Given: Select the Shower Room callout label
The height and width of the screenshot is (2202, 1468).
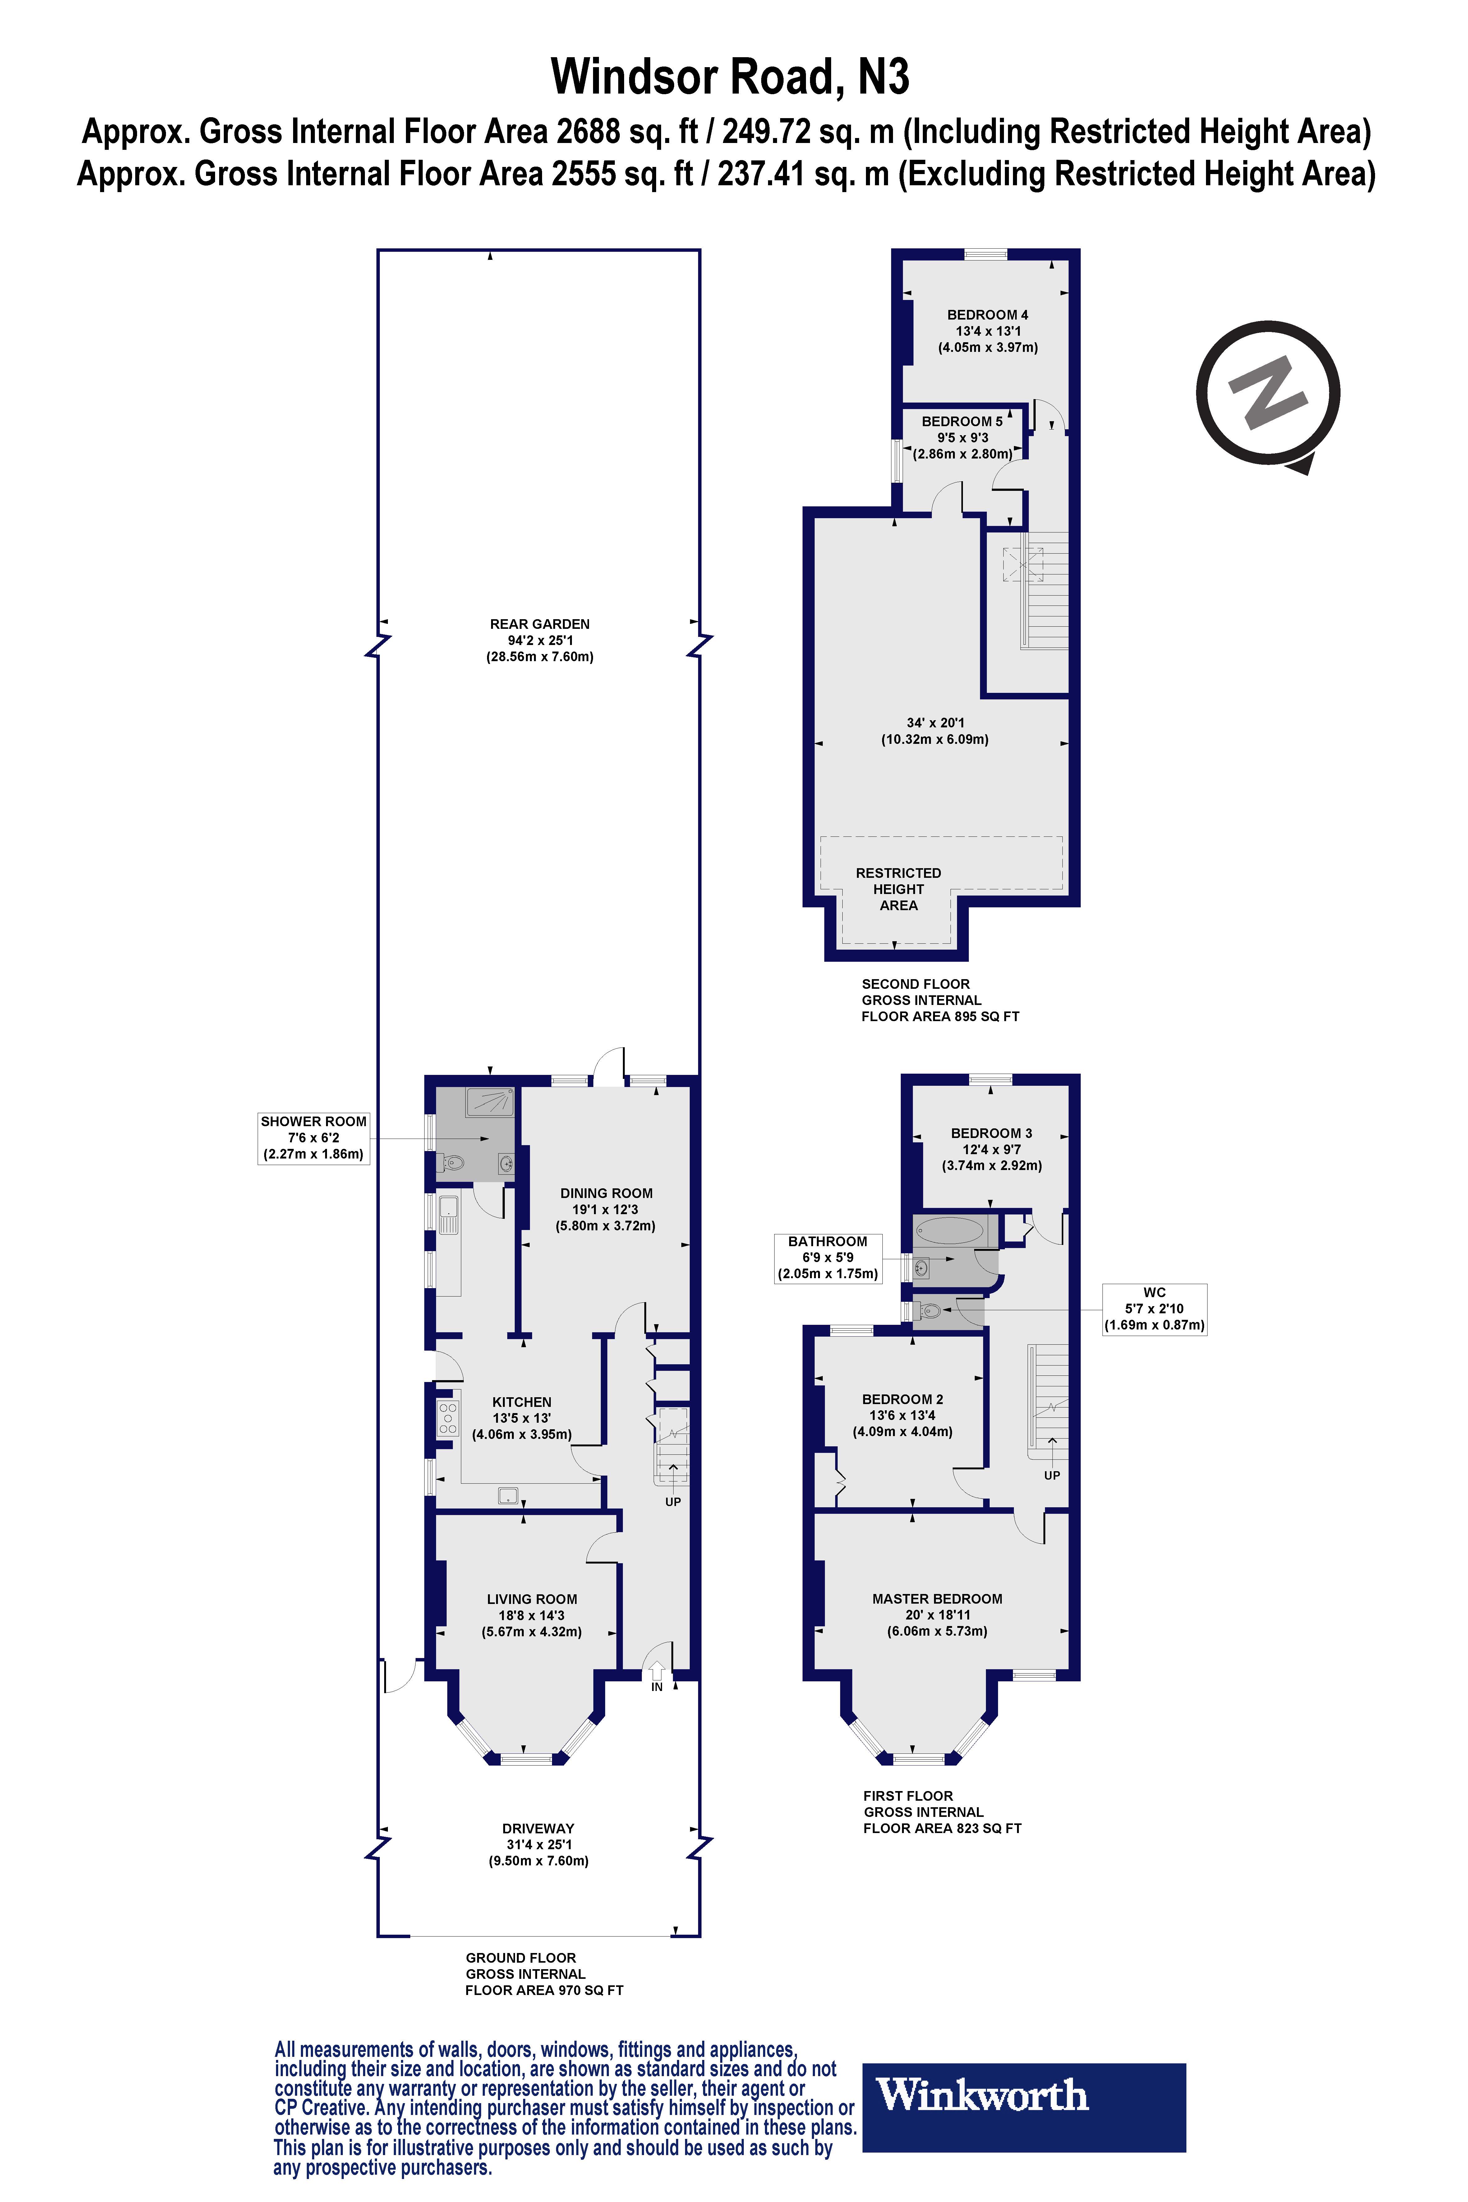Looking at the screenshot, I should pyautogui.click(x=314, y=1137).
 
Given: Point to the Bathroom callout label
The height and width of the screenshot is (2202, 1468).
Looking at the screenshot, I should pyautogui.click(x=828, y=1257).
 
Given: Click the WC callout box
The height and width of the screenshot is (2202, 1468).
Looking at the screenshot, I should pyautogui.click(x=1154, y=1309).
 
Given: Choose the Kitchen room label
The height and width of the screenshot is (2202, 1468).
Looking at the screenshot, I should pyautogui.click(x=522, y=1417).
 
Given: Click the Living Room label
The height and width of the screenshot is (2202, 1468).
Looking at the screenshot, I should pyautogui.click(x=532, y=1615).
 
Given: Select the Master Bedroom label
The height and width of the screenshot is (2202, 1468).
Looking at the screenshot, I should pyautogui.click(x=937, y=1615).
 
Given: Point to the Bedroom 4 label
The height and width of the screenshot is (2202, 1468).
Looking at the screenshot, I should pyautogui.click(x=988, y=330).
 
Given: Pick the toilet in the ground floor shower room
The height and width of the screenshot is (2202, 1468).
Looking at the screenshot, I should pyautogui.click(x=454, y=1164).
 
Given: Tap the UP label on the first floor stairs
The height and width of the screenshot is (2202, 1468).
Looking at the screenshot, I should pyautogui.click(x=1052, y=1476).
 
